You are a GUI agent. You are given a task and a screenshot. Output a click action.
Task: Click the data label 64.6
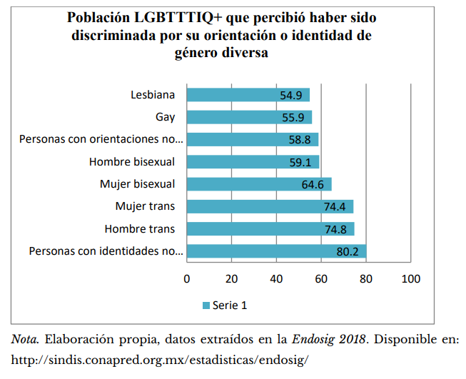click(313, 184)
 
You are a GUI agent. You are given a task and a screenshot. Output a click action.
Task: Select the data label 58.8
click(300, 140)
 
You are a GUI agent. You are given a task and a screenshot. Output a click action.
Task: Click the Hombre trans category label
click(140, 229)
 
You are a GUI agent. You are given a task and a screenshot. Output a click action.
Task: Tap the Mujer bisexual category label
click(138, 184)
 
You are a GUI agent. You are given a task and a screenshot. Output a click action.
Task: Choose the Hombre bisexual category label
click(132, 162)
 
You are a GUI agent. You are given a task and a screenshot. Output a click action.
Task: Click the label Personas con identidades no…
click(106, 251)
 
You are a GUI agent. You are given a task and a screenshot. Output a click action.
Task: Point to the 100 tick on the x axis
click(411, 278)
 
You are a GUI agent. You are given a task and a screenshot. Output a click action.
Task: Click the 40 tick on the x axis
click(276, 278)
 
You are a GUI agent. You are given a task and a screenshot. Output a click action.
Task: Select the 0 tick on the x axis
click(187, 278)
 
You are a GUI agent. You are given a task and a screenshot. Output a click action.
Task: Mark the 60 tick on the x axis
click(321, 278)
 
